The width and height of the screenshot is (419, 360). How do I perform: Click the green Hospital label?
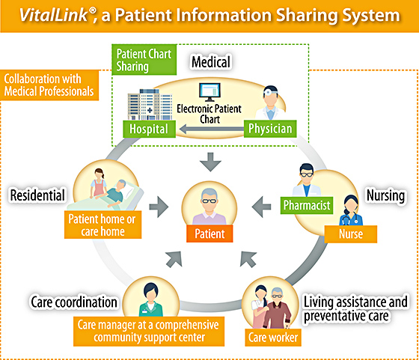(149, 129)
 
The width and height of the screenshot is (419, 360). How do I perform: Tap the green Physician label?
(270, 129)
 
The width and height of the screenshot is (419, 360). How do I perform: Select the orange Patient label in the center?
(209, 234)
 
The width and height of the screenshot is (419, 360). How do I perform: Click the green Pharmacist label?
(307, 205)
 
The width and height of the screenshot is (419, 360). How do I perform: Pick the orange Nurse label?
(351, 234)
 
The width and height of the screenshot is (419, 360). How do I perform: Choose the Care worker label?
(273, 338)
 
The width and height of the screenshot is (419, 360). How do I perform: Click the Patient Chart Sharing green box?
(144, 60)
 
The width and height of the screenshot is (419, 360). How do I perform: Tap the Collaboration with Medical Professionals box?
(49, 85)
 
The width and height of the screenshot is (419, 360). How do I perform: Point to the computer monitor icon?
(209, 92)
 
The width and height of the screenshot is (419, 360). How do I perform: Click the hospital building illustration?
(150, 105)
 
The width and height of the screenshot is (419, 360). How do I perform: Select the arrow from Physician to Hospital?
(212, 129)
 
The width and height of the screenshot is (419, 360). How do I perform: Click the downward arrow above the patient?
(210, 162)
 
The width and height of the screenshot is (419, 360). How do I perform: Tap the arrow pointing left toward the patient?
(261, 207)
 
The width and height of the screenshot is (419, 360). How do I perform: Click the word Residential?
(37, 195)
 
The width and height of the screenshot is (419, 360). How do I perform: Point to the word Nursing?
(385, 195)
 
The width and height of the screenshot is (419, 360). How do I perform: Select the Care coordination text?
(74, 302)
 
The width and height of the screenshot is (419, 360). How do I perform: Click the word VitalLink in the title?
(54, 15)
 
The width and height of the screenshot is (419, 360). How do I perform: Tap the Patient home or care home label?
(103, 225)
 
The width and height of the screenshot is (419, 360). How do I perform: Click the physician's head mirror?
(267, 93)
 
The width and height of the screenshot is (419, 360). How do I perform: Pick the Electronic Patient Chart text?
(209, 114)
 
